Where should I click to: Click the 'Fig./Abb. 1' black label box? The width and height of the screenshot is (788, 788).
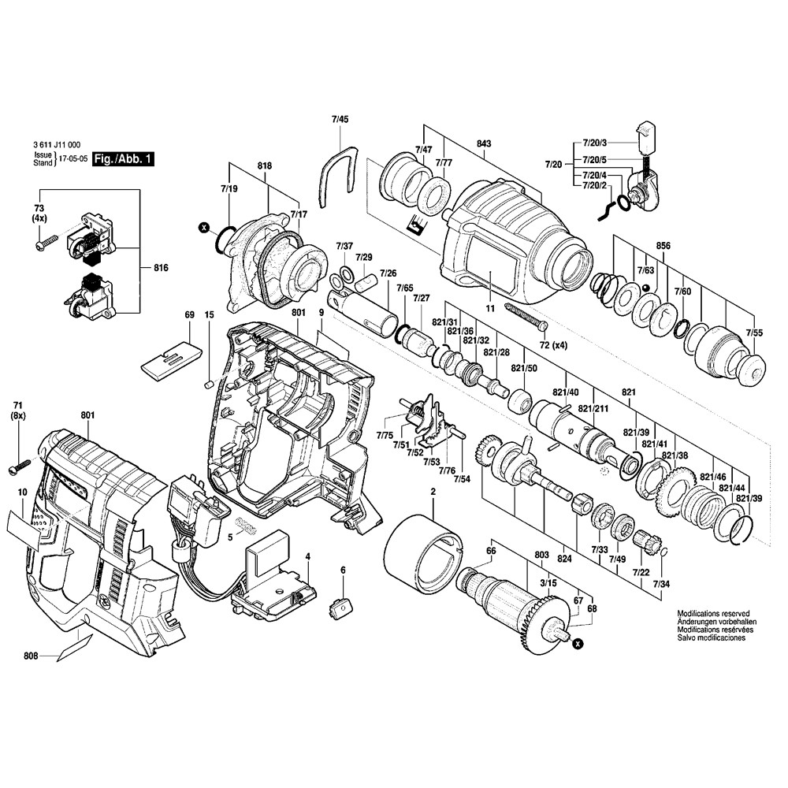122,159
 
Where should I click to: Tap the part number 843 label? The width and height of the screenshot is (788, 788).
484,143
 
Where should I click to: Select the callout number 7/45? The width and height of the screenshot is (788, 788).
340,119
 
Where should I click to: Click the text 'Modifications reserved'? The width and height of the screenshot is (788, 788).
713,613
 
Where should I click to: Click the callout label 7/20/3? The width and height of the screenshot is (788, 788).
595,142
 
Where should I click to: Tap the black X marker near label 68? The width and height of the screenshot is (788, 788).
578,645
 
